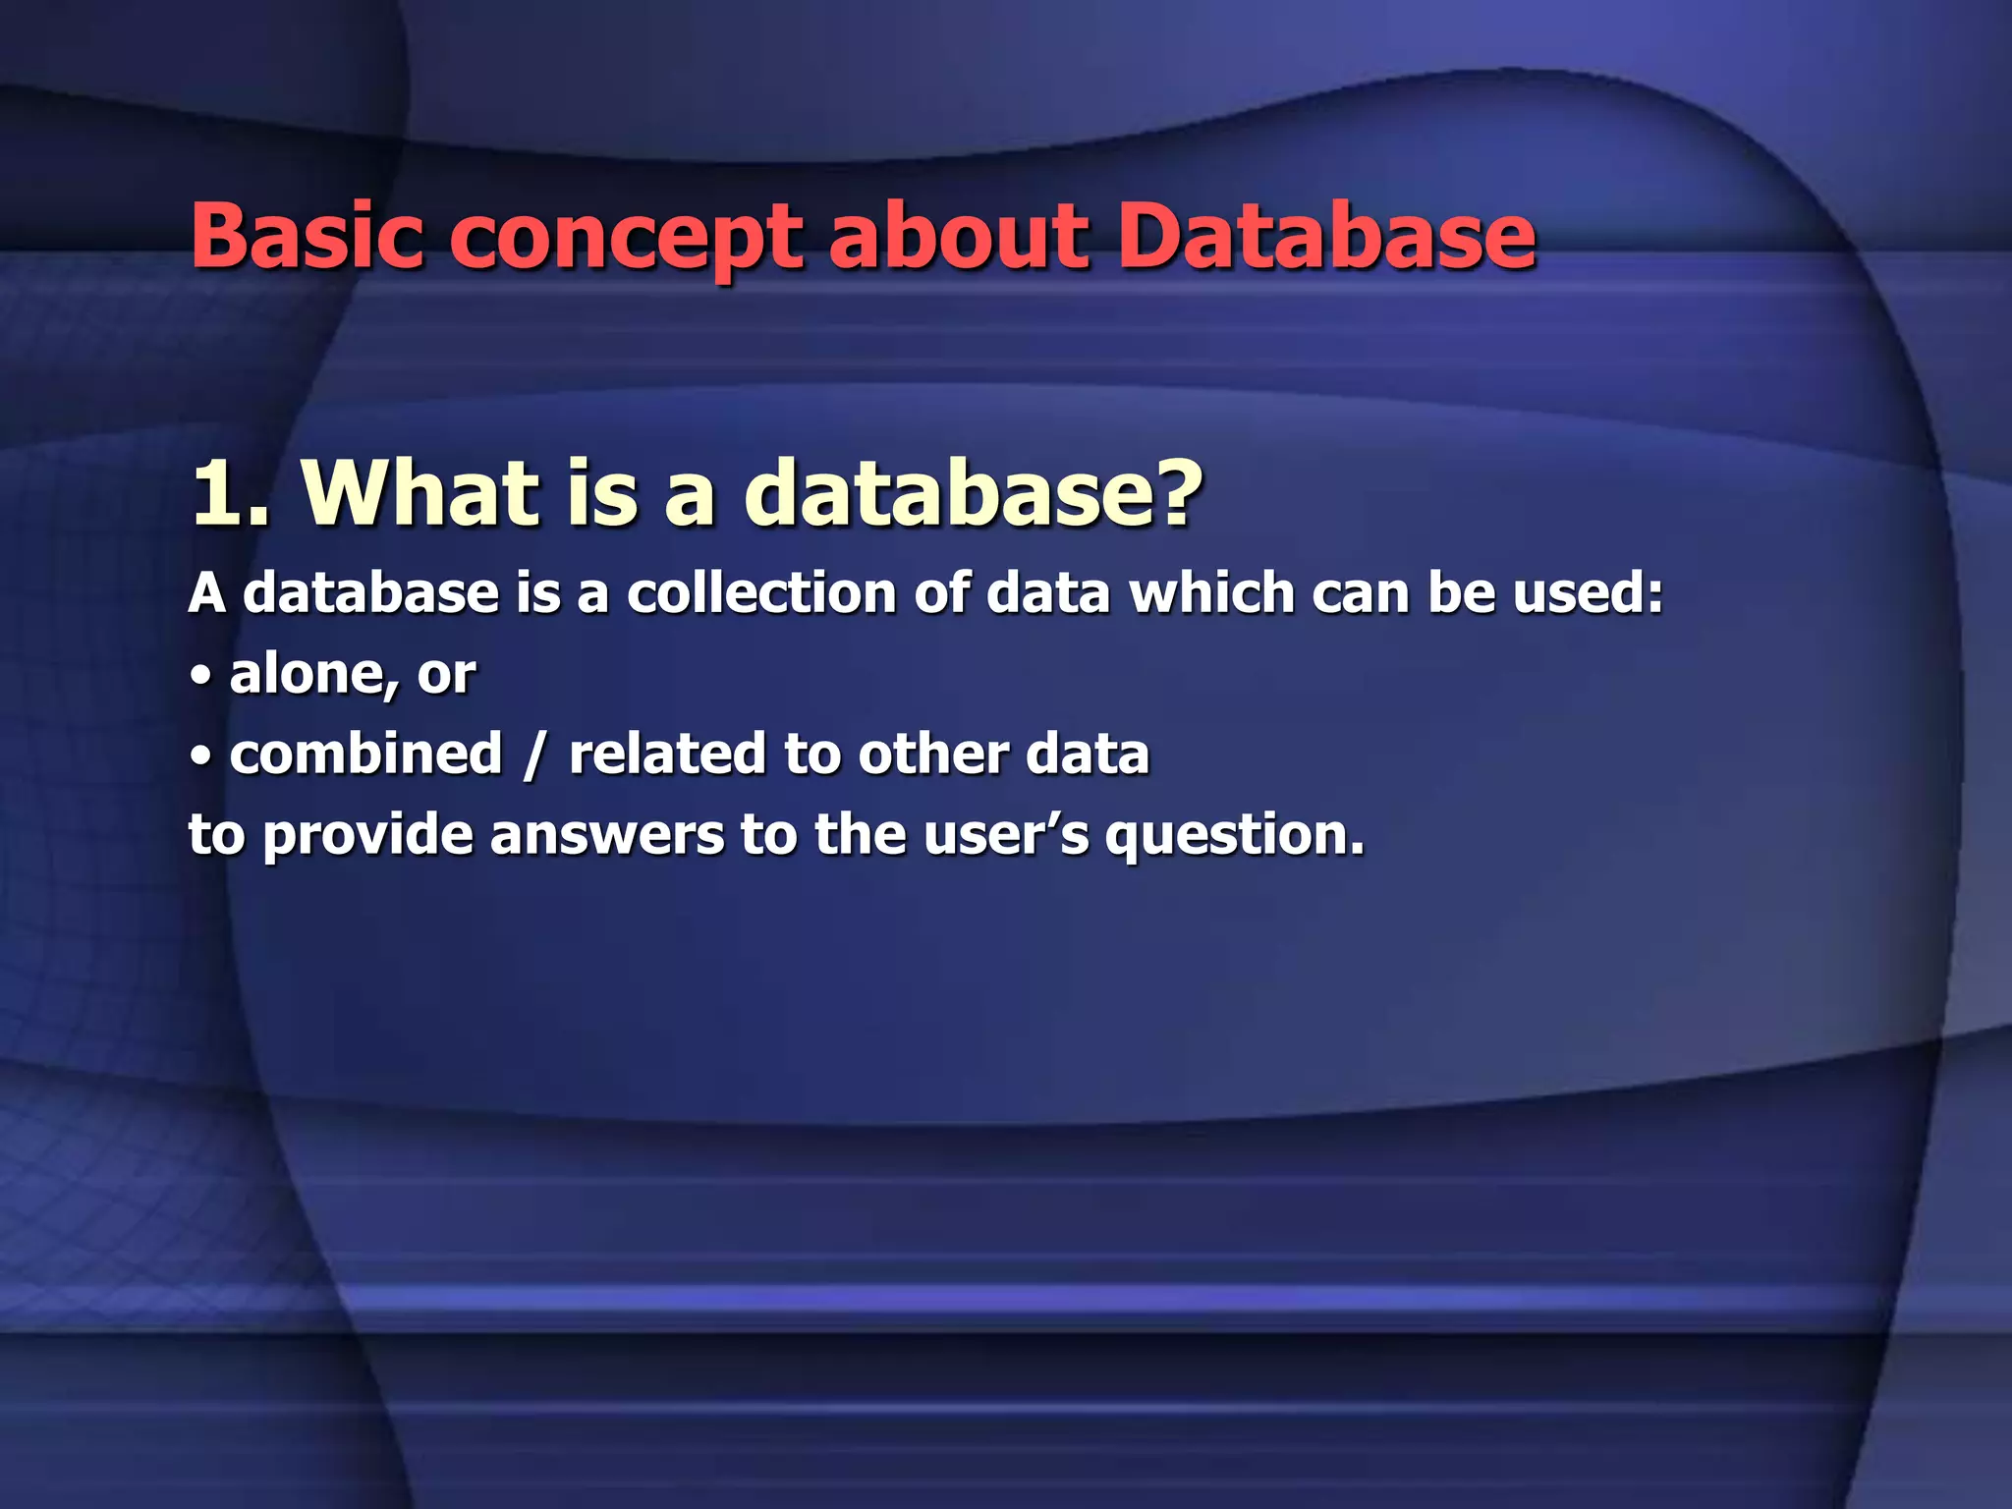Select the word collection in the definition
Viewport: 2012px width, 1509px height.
click(x=761, y=593)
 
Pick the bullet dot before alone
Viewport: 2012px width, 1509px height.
click(x=200, y=676)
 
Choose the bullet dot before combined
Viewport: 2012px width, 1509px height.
click(x=200, y=756)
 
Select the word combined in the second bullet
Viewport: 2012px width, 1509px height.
click(x=365, y=754)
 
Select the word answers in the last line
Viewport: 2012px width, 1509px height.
click(x=606, y=837)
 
